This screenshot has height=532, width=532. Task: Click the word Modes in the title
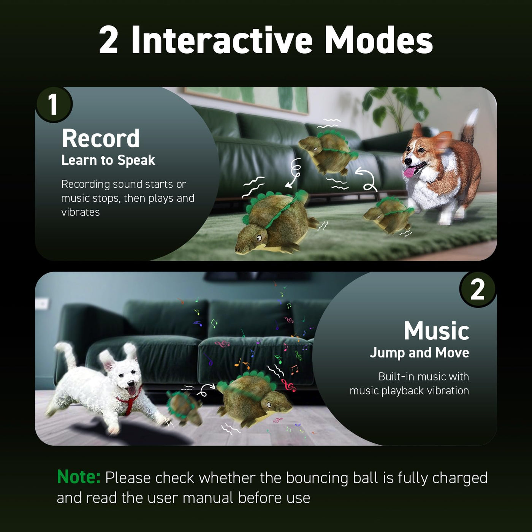(x=379, y=41)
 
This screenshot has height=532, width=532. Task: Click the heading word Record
(x=100, y=138)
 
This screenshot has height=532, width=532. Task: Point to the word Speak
(x=136, y=160)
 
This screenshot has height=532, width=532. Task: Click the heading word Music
(x=437, y=331)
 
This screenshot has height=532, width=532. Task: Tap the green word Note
(x=78, y=477)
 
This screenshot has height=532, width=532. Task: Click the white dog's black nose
(x=131, y=383)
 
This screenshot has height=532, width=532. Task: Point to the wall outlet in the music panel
(x=42, y=304)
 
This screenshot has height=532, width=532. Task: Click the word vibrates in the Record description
(x=80, y=212)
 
